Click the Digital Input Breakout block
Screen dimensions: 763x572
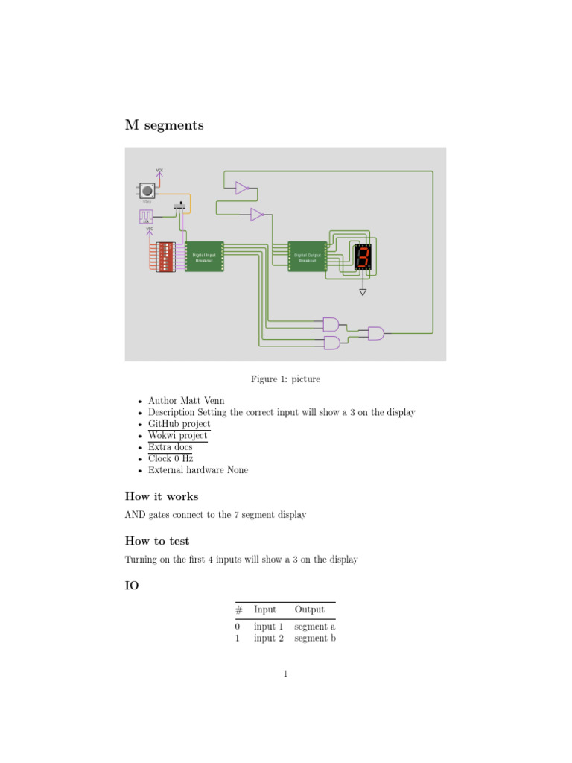click(x=204, y=257)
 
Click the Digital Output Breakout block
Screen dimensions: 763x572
click(x=307, y=257)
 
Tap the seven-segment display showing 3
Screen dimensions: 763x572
click(x=363, y=257)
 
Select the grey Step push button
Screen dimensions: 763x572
click(x=147, y=191)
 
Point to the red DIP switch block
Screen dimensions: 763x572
click(x=165, y=257)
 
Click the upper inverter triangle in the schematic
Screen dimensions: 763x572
click(x=241, y=188)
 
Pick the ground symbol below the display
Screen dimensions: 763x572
click(x=363, y=292)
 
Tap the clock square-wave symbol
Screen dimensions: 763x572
click(x=146, y=216)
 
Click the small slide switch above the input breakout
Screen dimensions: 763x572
click(x=180, y=206)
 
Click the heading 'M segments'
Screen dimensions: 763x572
click(x=164, y=125)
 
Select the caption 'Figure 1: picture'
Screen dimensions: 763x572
click(x=285, y=379)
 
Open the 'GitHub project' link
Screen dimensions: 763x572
click(x=179, y=424)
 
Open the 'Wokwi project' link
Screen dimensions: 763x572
click(x=177, y=435)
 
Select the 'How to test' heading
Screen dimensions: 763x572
click(x=157, y=542)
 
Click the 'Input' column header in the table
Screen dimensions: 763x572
click(x=264, y=610)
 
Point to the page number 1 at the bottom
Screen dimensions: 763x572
click(x=285, y=674)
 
